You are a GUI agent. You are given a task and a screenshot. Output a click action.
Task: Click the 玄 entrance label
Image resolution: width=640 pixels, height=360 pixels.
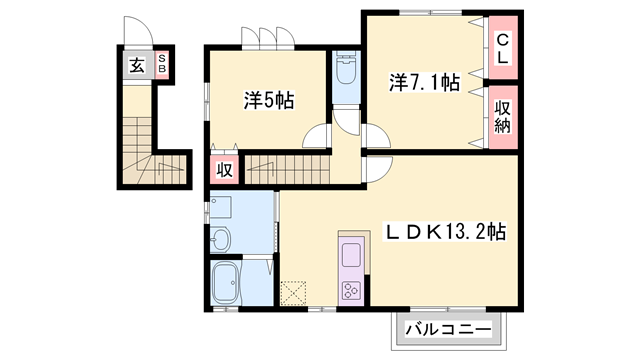(135, 67)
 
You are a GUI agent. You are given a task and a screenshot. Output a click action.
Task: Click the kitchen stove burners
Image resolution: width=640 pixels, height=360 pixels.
(353, 290)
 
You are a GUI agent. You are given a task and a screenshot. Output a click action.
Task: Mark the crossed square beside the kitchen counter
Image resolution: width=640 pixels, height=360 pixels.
(295, 291)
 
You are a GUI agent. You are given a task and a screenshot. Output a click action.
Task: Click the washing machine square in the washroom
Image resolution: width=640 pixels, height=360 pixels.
(221, 207)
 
